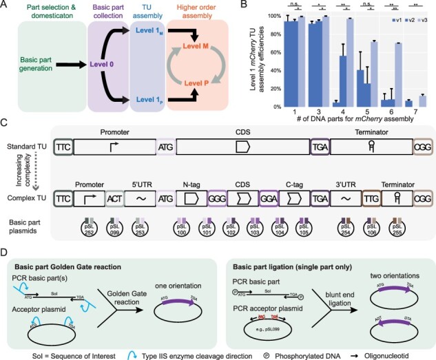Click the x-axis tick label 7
pyautogui.click(x=411, y=114)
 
